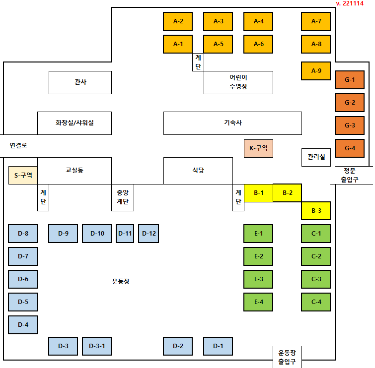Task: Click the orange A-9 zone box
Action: click(316, 71)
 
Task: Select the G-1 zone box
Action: click(350, 80)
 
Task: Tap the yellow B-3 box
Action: click(316, 211)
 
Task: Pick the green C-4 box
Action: click(316, 302)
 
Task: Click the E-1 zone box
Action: click(258, 234)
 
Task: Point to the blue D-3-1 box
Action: click(97, 346)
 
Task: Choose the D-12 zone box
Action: click(149, 234)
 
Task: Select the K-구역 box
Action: click(258, 148)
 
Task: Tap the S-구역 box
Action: click(23, 175)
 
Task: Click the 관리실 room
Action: click(316, 157)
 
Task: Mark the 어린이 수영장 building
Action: click(238, 82)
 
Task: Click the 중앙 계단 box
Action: click(123, 197)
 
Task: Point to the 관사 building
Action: click(80, 82)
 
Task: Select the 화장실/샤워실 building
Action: click(75, 123)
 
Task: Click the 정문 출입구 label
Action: click(350, 175)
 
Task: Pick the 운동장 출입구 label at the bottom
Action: click(287, 357)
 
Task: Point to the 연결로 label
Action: click(18, 146)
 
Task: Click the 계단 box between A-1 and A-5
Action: click(198, 62)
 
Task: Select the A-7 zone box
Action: click(316, 21)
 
